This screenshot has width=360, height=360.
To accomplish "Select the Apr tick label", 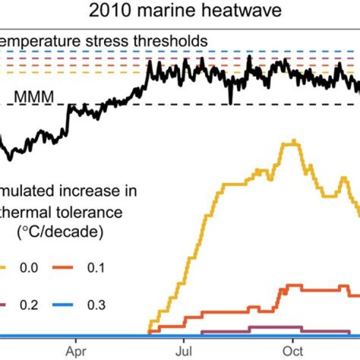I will tap(76, 349).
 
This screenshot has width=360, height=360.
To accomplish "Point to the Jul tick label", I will tap(185, 349).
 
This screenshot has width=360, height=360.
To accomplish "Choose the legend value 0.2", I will tap(28, 304).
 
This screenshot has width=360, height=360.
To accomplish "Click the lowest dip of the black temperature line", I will tap(10, 159).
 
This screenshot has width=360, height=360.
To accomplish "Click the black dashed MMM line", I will tap(200, 104).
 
